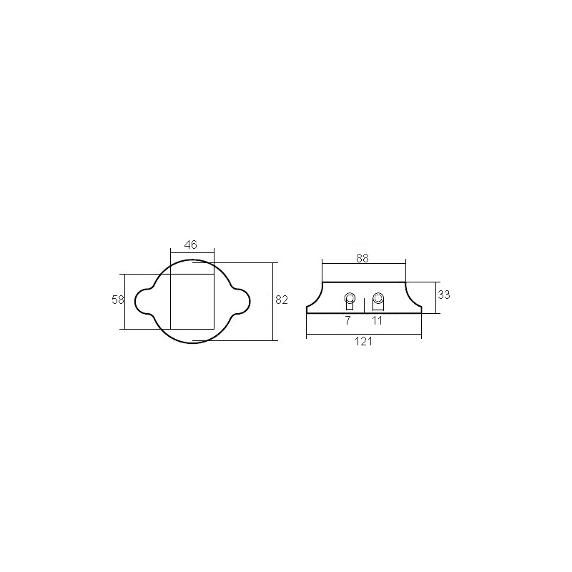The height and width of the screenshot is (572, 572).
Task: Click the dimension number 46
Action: pyautogui.click(x=191, y=245)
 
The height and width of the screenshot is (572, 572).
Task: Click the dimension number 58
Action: pyautogui.click(x=118, y=300)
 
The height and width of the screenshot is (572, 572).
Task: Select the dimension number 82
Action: pyautogui.click(x=282, y=300)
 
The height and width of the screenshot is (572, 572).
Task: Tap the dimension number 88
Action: pyautogui.click(x=363, y=258)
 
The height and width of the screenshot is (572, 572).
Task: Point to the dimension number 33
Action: pyautogui.click(x=444, y=295)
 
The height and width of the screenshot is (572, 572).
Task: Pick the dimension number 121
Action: pyautogui.click(x=364, y=342)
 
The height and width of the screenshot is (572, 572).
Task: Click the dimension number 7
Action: pyautogui.click(x=347, y=320)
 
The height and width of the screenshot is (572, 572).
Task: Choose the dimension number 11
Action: pyautogui.click(x=377, y=320)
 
